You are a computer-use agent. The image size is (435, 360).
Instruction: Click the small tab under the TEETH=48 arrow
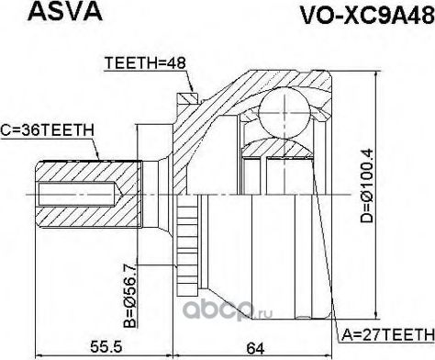(x=190, y=95)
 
